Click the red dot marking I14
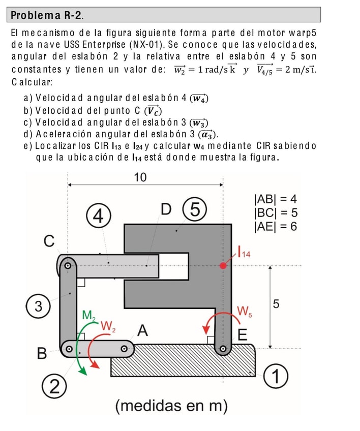pos(223,265)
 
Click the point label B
pos(42,352)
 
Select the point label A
pos(143,331)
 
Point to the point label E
pos(242,335)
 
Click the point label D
pos(166,209)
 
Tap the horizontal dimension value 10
pos(140,177)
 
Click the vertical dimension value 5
pos(276,304)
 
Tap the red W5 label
pos(244,311)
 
